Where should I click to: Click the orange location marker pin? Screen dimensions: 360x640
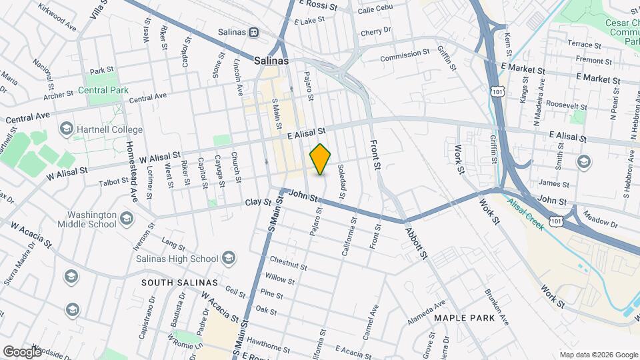pyautogui.click(x=321, y=159)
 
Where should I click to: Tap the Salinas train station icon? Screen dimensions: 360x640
pyautogui.click(x=253, y=32)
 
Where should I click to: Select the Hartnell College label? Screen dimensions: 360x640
pyautogui.click(x=109, y=129)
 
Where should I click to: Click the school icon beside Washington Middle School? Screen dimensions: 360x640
pyautogui.click(x=125, y=219)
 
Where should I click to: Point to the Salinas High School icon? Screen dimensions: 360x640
pyautogui.click(x=228, y=259)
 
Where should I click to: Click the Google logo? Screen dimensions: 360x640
pyautogui.click(x=22, y=351)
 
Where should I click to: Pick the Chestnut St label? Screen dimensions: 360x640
pyautogui.click(x=287, y=263)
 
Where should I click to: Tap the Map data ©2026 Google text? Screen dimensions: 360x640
pyautogui.click(x=598, y=354)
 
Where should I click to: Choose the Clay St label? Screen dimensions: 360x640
pyautogui.click(x=259, y=201)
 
